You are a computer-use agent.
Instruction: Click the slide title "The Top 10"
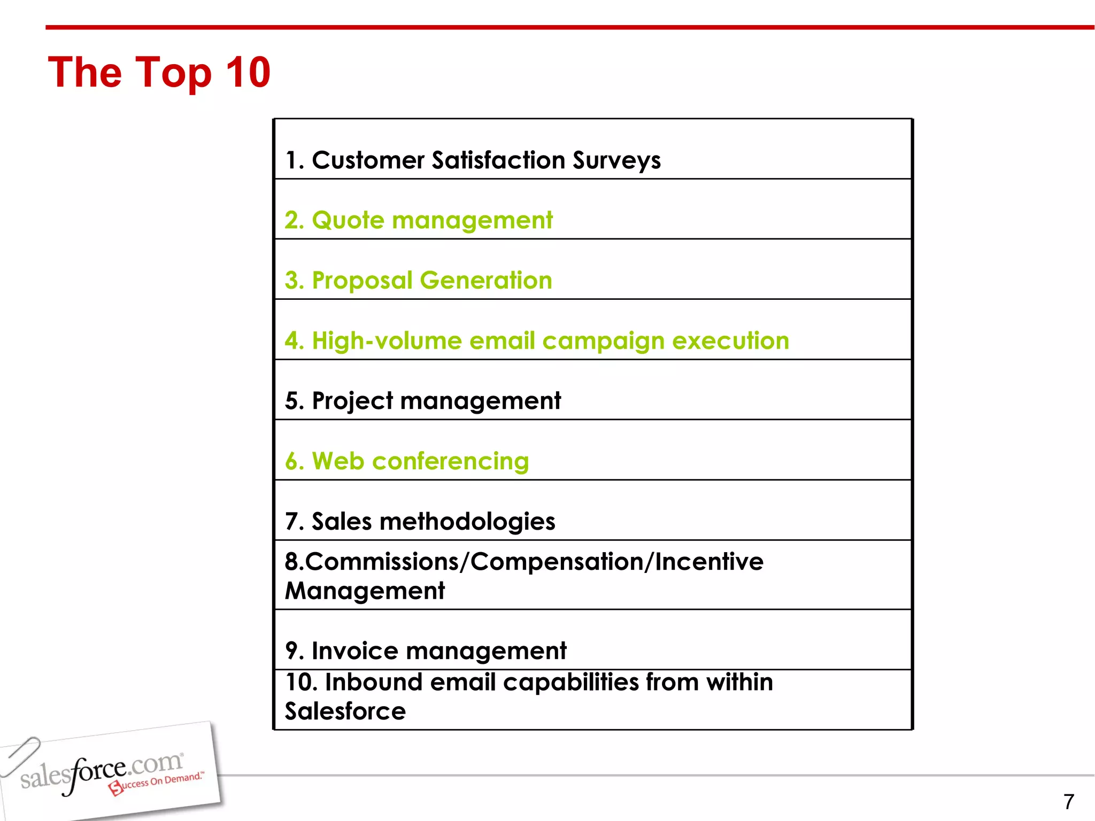[x=159, y=73]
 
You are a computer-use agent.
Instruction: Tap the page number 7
[x=1068, y=802]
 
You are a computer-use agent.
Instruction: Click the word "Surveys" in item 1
[x=616, y=161]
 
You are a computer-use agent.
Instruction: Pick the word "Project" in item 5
[x=352, y=401]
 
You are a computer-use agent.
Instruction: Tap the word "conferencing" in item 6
[x=450, y=461]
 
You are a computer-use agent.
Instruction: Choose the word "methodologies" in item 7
[x=467, y=522]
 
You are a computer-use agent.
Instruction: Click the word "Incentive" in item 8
[x=709, y=562]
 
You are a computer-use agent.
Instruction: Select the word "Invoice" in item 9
[x=354, y=651]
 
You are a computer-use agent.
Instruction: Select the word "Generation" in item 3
[x=485, y=281]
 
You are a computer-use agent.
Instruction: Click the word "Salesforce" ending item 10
[x=345, y=711]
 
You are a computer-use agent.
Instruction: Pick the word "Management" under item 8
[x=365, y=591]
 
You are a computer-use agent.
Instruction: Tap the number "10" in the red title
[x=248, y=73]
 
